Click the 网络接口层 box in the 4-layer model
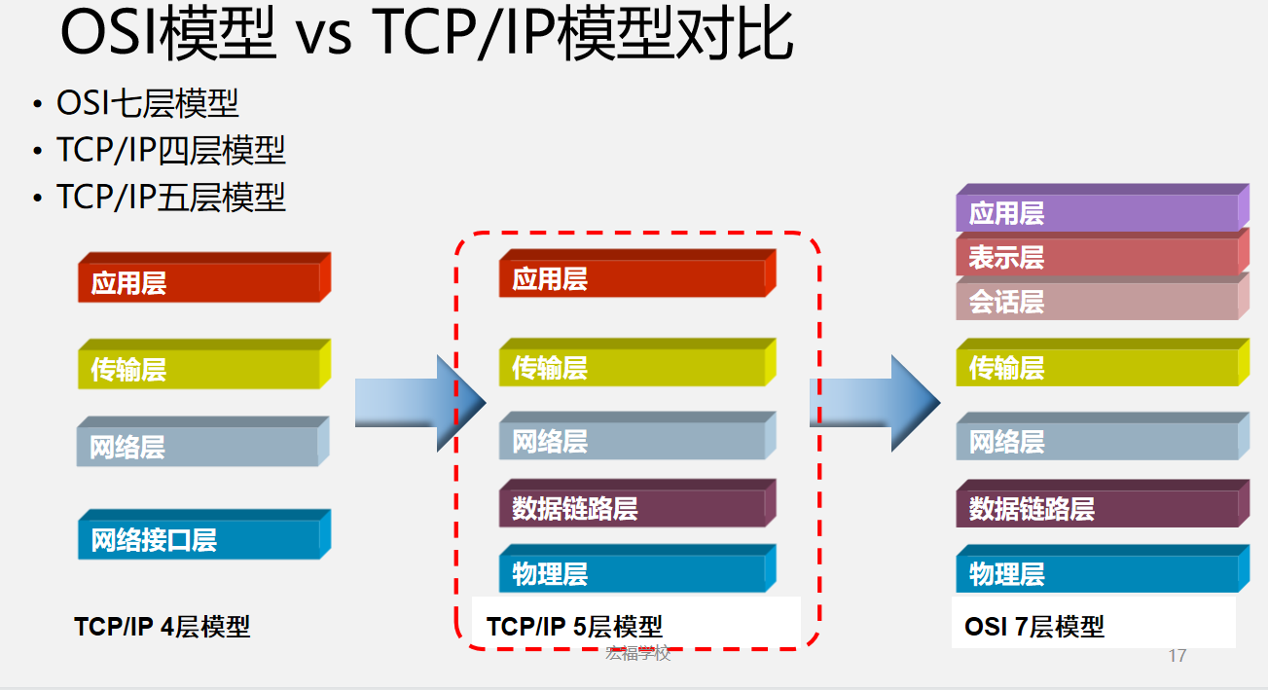click(199, 538)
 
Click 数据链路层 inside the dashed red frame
click(633, 508)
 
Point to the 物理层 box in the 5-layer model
click(633, 573)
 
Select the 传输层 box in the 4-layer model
click(199, 369)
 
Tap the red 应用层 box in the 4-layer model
click(199, 282)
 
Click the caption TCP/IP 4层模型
click(163, 627)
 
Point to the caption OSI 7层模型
click(1034, 627)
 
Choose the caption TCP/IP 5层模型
click(574, 627)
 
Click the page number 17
click(1177, 656)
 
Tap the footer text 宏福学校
click(638, 653)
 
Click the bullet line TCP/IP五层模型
click(171, 197)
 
